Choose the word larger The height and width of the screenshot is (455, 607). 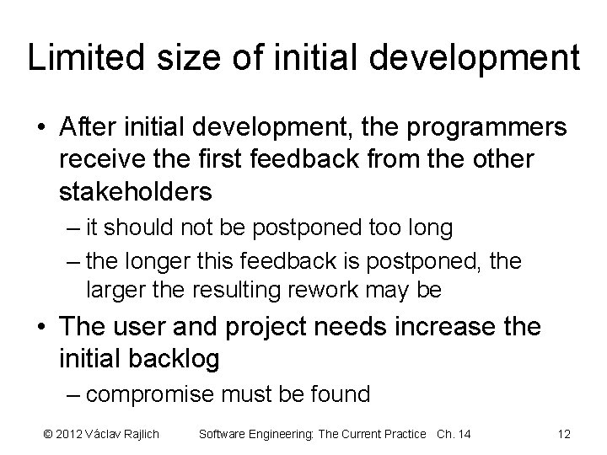(x=113, y=291)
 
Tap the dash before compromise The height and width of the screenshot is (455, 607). (x=73, y=393)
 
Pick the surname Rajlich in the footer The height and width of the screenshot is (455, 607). (x=141, y=434)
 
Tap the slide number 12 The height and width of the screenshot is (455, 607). (x=564, y=434)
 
